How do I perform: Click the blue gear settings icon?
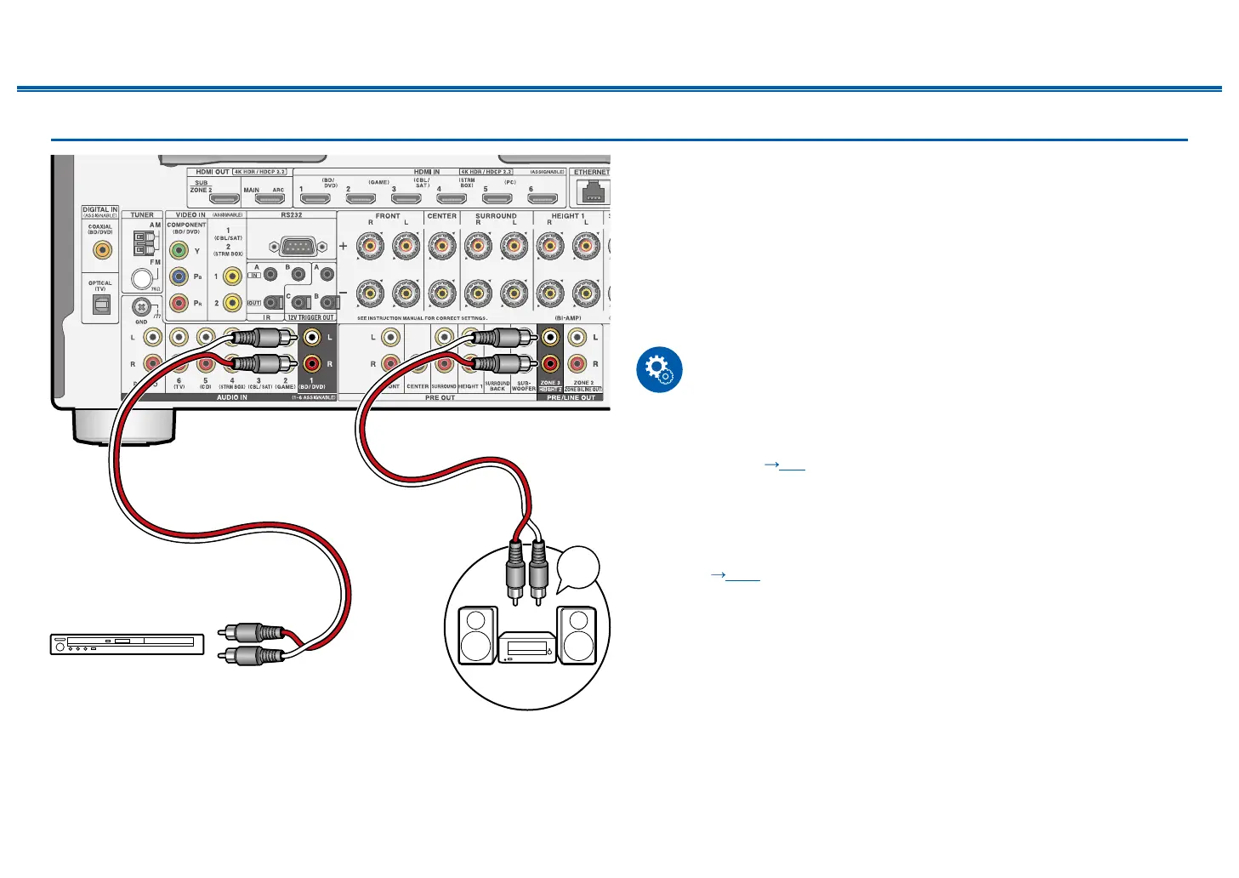coord(659,370)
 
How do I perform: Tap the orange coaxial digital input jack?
coord(101,250)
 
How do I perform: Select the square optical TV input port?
coord(100,305)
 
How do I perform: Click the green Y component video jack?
coord(179,250)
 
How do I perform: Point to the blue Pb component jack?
coord(179,277)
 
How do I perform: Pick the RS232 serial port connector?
coord(292,247)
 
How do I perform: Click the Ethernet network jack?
coord(592,193)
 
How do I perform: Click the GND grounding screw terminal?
coord(142,307)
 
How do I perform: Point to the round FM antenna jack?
coord(141,279)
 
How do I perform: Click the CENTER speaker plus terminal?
coord(441,247)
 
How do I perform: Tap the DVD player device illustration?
coord(127,644)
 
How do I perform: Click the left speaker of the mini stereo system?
coord(477,635)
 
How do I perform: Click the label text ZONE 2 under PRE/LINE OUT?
coord(583,383)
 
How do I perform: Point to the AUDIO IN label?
coord(231,397)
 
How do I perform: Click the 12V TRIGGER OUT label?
coord(310,317)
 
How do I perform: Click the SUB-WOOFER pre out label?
coord(524,385)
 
